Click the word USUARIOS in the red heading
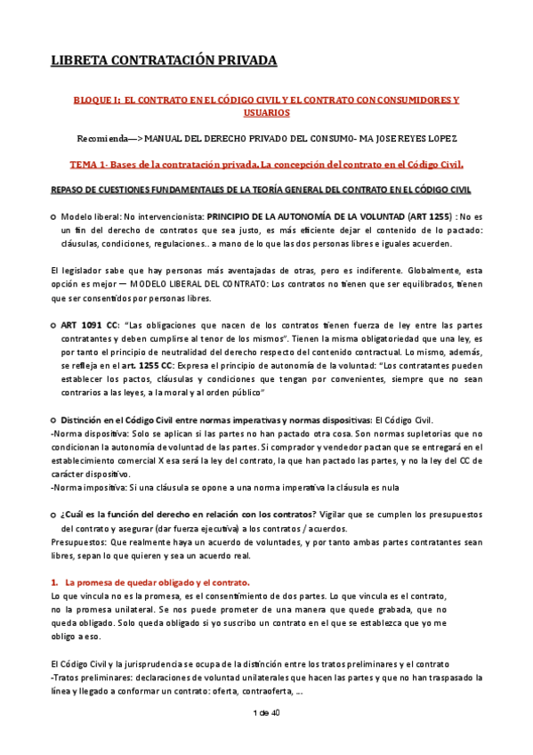(x=265, y=114)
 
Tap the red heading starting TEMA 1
(x=266, y=165)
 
